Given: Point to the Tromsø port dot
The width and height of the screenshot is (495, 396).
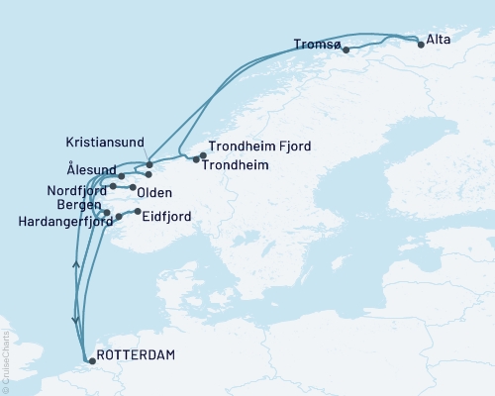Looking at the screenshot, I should (x=346, y=49).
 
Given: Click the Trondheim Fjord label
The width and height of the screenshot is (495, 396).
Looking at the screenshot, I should (x=260, y=147).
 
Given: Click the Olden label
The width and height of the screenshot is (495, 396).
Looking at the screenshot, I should (x=155, y=192).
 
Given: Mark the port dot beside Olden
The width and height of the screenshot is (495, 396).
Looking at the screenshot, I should (x=133, y=186).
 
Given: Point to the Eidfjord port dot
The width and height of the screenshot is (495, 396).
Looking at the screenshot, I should (x=138, y=211).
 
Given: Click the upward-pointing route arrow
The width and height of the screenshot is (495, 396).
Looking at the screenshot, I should (x=75, y=263).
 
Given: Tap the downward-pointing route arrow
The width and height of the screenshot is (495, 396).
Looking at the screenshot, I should (x=75, y=319).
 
